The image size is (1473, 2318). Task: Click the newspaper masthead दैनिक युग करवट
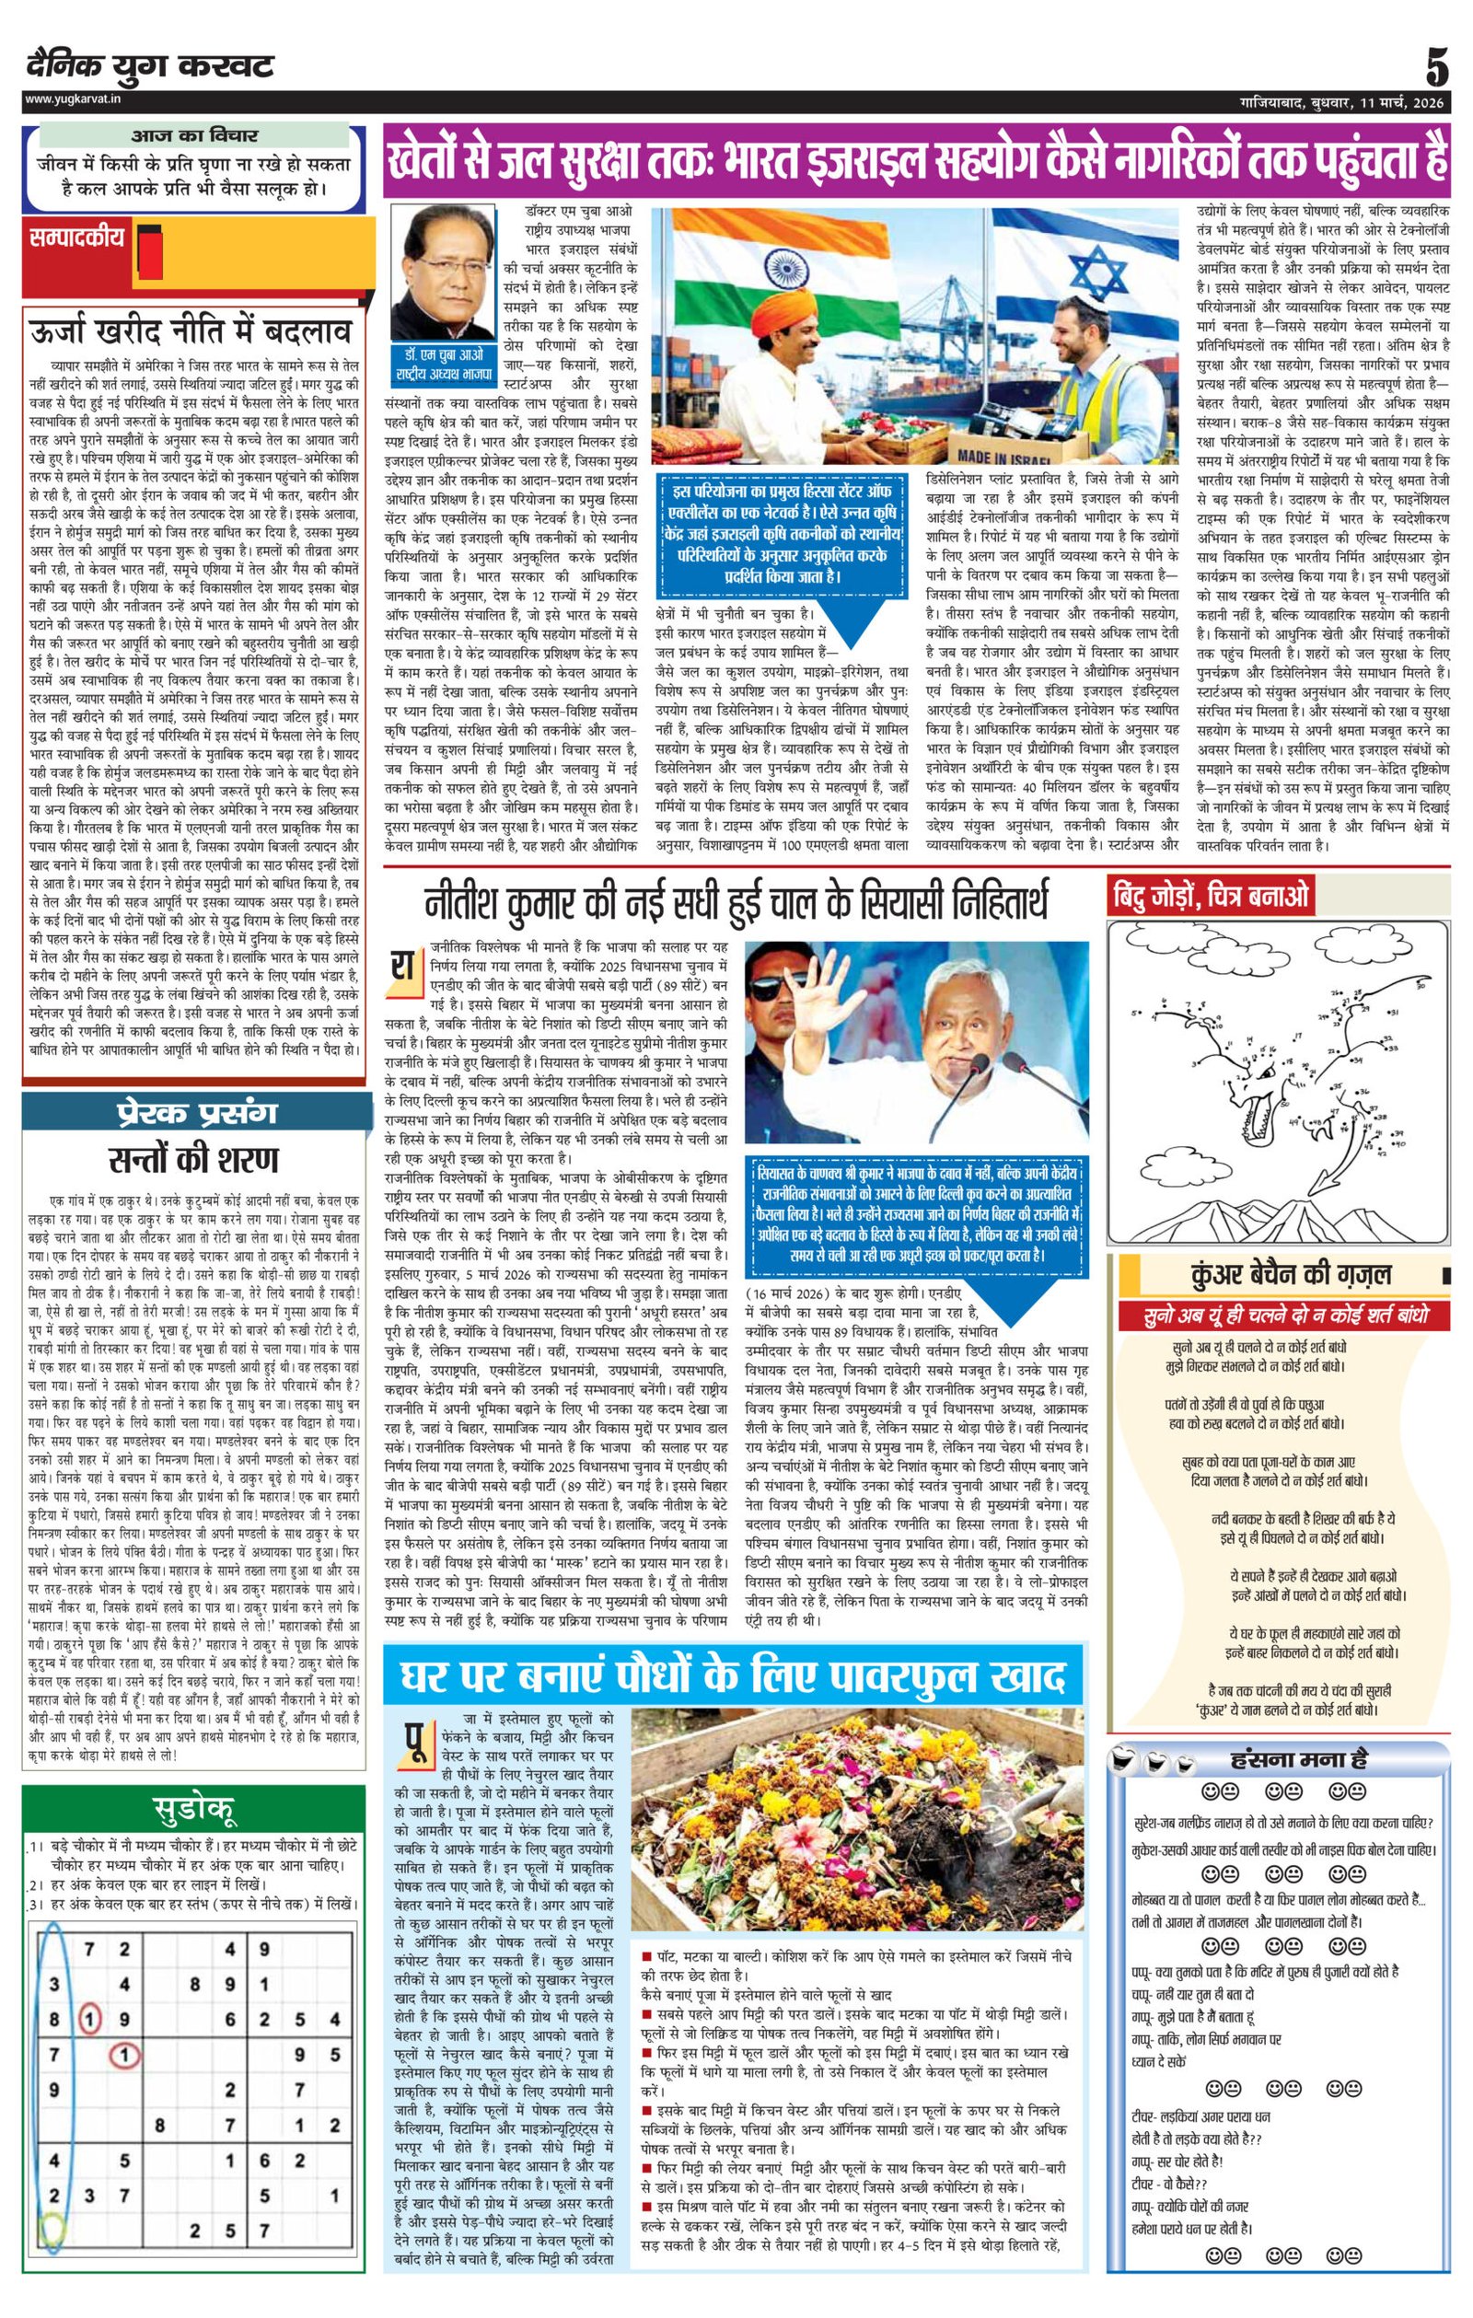click(150, 65)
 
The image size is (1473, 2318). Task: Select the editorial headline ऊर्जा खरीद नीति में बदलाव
click(193, 333)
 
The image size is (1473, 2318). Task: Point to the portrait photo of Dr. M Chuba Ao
click(443, 272)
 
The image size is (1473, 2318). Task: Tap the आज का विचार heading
click(193, 135)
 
